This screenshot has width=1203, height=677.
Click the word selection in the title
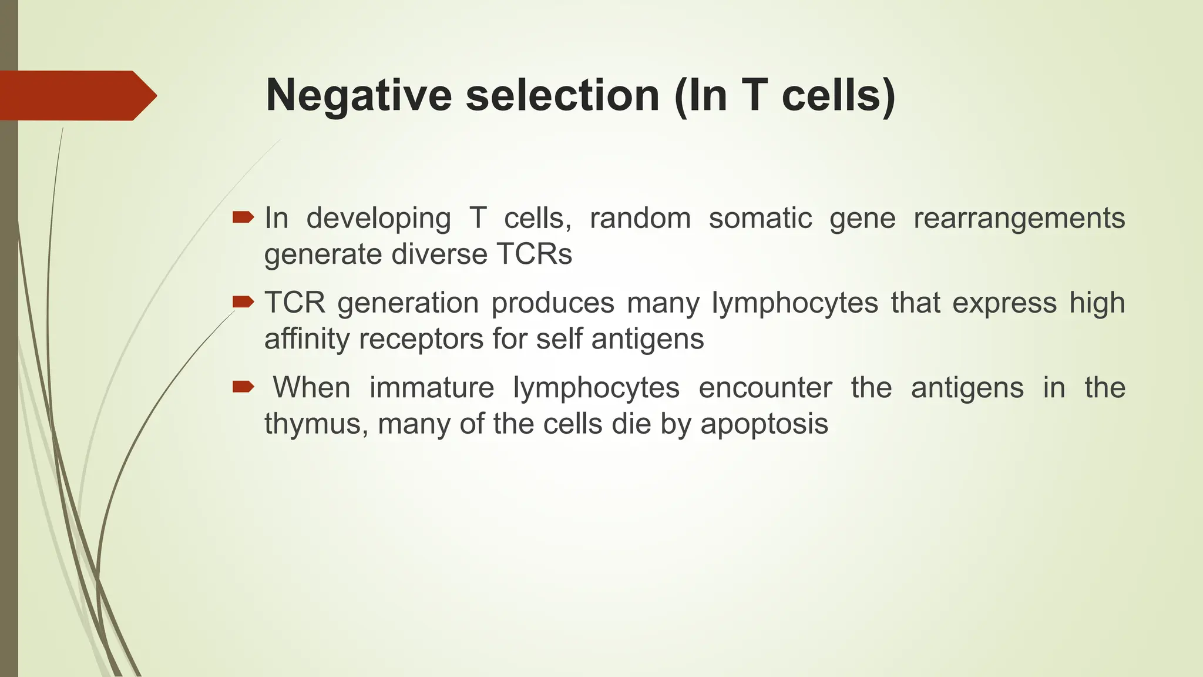point(563,96)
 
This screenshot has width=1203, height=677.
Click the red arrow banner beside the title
point(76,96)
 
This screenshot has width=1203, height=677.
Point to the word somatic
point(760,219)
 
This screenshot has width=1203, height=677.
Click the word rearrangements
point(1019,219)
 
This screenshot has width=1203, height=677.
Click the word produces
point(552,303)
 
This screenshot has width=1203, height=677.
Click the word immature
point(432,388)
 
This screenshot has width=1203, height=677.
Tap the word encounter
point(765,388)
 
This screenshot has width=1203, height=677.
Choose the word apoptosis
point(764,424)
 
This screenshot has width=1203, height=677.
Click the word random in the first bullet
point(640,219)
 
